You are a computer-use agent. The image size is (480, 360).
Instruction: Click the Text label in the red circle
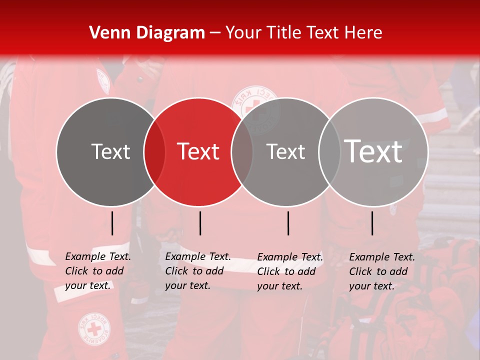[x=198, y=151]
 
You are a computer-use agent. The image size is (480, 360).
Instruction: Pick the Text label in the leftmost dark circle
[x=110, y=151]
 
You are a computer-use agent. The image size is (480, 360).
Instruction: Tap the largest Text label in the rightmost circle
[x=373, y=151]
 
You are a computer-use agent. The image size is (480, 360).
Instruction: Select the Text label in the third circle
[x=285, y=151]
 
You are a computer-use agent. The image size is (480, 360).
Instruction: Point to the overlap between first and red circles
[x=154, y=151]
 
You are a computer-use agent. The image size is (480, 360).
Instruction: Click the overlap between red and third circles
[x=242, y=151]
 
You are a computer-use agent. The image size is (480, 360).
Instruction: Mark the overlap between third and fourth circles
[x=329, y=151]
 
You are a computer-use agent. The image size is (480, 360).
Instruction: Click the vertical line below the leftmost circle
[x=112, y=223]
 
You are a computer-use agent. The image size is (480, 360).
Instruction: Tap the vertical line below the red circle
[x=200, y=223]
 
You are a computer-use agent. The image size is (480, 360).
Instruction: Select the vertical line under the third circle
[x=288, y=223]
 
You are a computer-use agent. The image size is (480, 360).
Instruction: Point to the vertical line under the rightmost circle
[x=372, y=223]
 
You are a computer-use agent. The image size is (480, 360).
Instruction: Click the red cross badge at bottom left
[x=94, y=329]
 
